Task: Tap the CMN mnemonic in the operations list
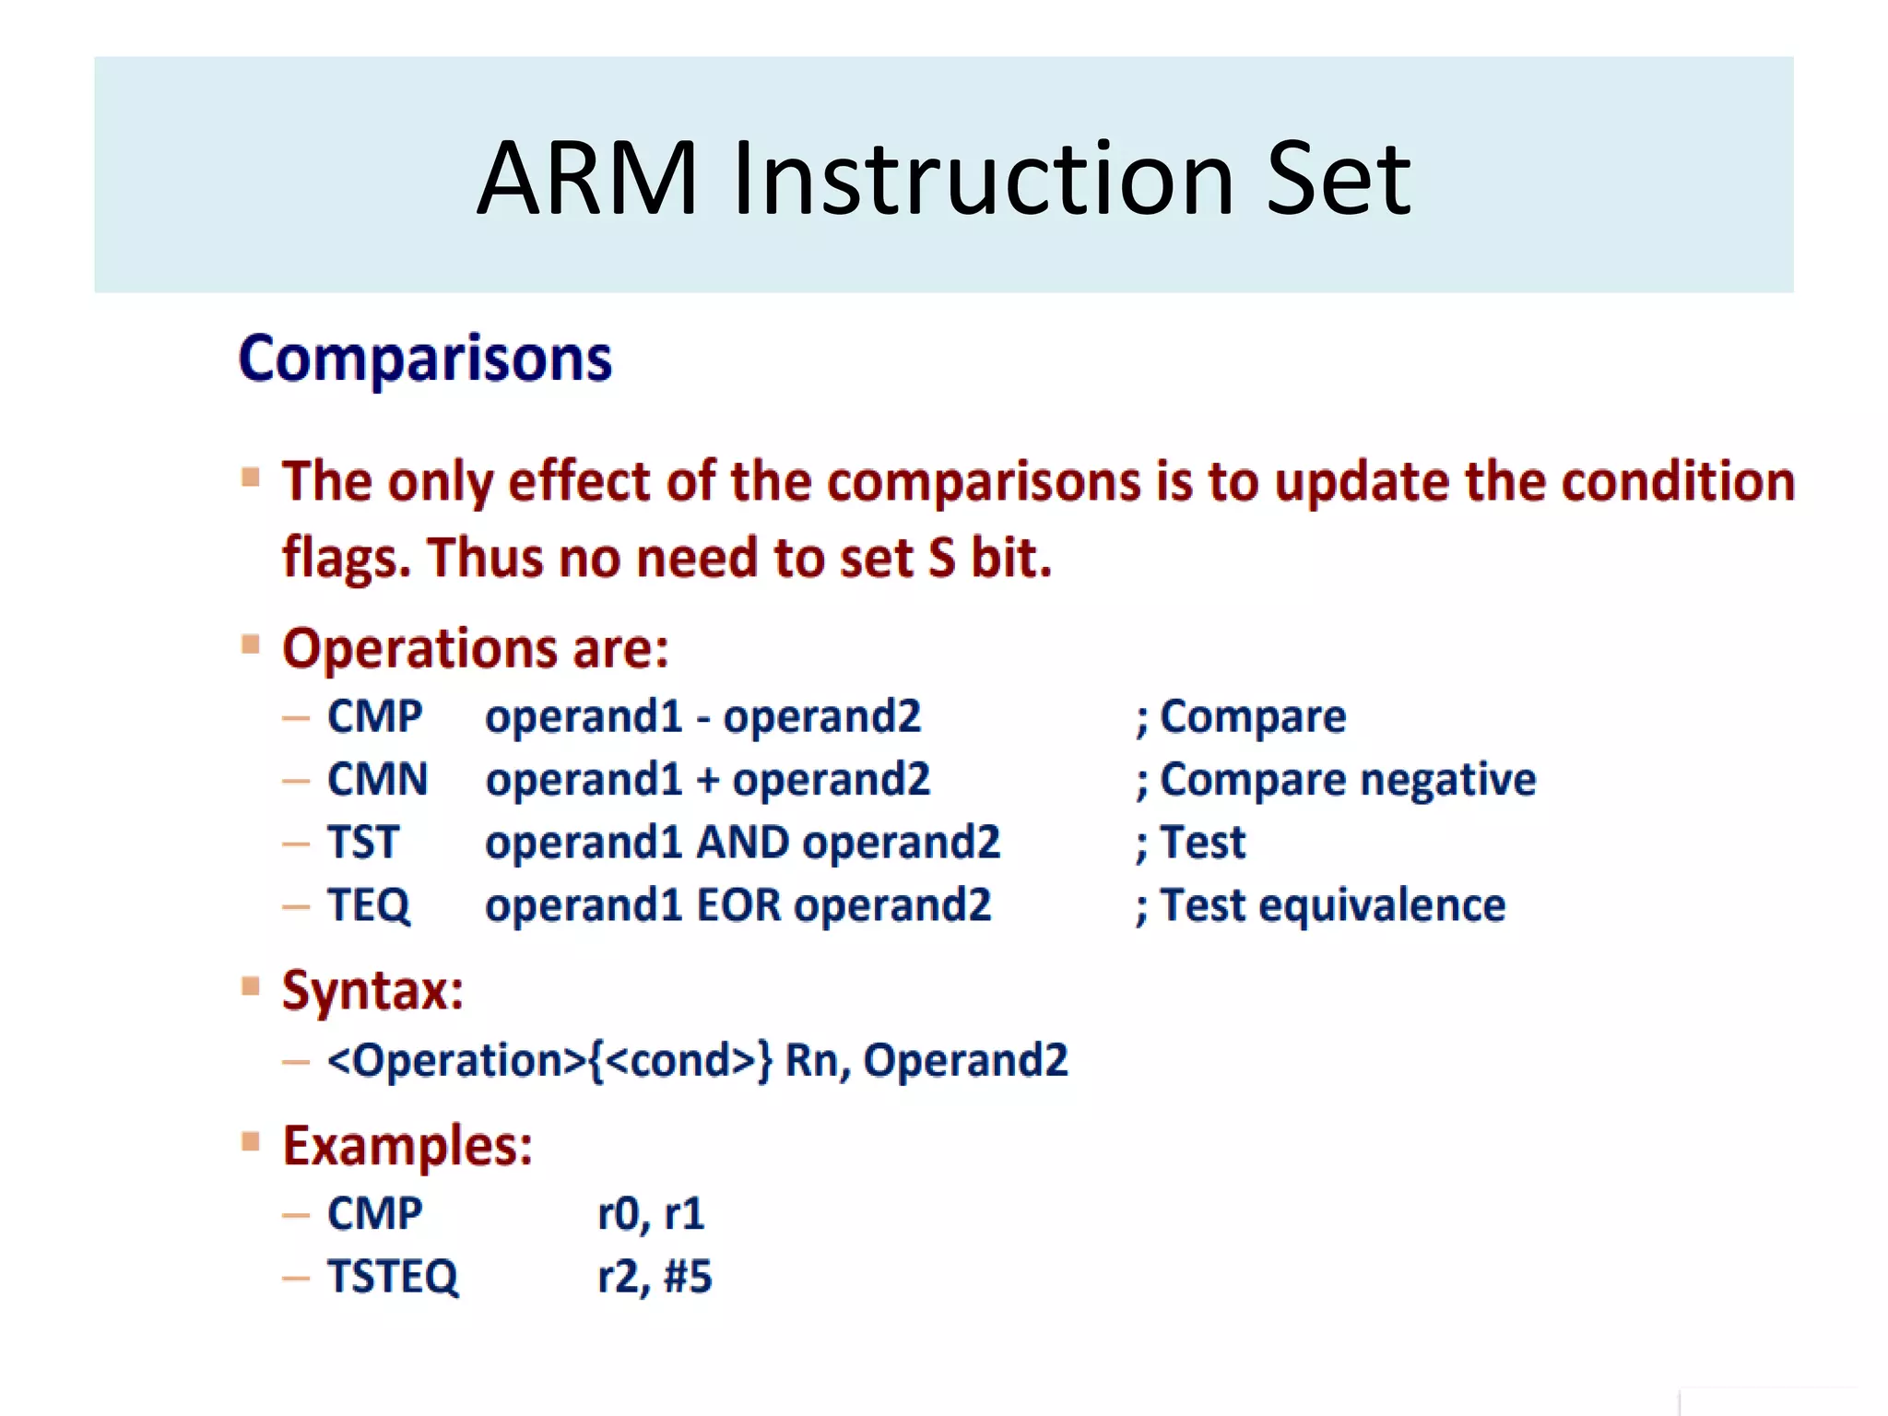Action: tap(377, 780)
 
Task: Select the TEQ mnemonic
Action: tap(369, 905)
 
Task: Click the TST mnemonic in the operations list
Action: tap(363, 843)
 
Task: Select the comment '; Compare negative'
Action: tap(1336, 780)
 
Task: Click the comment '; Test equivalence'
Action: tap(1320, 905)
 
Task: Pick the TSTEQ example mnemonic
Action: tap(393, 1277)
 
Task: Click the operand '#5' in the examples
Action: tap(688, 1277)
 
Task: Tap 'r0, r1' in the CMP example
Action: tap(651, 1214)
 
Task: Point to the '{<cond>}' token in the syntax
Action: tap(680, 1060)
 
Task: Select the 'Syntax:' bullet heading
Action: tap(372, 991)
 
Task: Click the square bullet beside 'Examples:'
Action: tap(251, 1142)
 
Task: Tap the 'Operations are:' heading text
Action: tap(476, 648)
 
